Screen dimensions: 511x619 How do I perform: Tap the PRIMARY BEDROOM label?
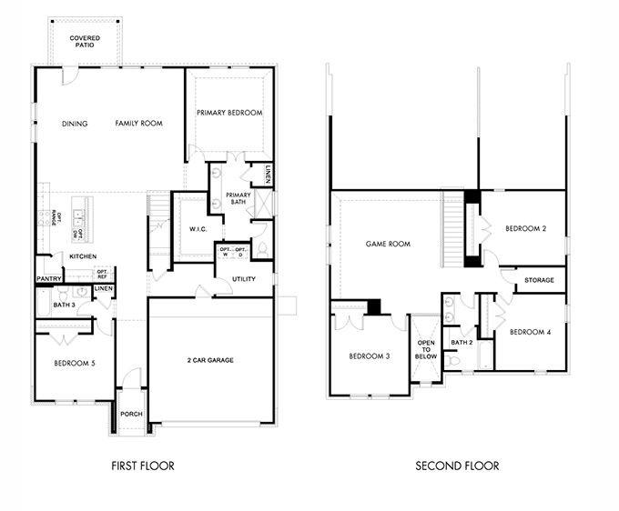click(x=229, y=113)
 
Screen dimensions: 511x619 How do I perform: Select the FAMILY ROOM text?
click(x=138, y=124)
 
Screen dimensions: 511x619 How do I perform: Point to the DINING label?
click(x=75, y=124)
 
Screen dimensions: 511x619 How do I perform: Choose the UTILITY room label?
click(x=244, y=279)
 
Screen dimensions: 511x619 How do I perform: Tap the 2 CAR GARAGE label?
click(x=211, y=360)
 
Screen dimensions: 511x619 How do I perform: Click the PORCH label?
click(x=131, y=414)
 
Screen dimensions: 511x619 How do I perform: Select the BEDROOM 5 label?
click(x=74, y=364)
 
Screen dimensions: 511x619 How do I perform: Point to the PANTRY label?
click(x=48, y=278)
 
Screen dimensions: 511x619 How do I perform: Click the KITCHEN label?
click(x=82, y=256)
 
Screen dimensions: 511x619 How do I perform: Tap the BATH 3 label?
click(x=64, y=304)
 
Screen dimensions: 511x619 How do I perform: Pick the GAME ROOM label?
click(x=388, y=244)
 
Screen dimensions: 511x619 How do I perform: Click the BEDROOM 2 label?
click(x=526, y=229)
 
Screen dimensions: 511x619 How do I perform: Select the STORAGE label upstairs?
click(x=539, y=280)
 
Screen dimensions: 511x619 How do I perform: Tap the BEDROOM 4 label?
click(x=531, y=332)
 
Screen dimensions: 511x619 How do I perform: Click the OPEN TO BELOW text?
click(x=426, y=350)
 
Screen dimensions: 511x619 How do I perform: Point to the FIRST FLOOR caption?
click(x=143, y=466)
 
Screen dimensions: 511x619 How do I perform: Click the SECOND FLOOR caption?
click(x=457, y=466)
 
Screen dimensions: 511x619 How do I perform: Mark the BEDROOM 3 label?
click(x=370, y=356)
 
